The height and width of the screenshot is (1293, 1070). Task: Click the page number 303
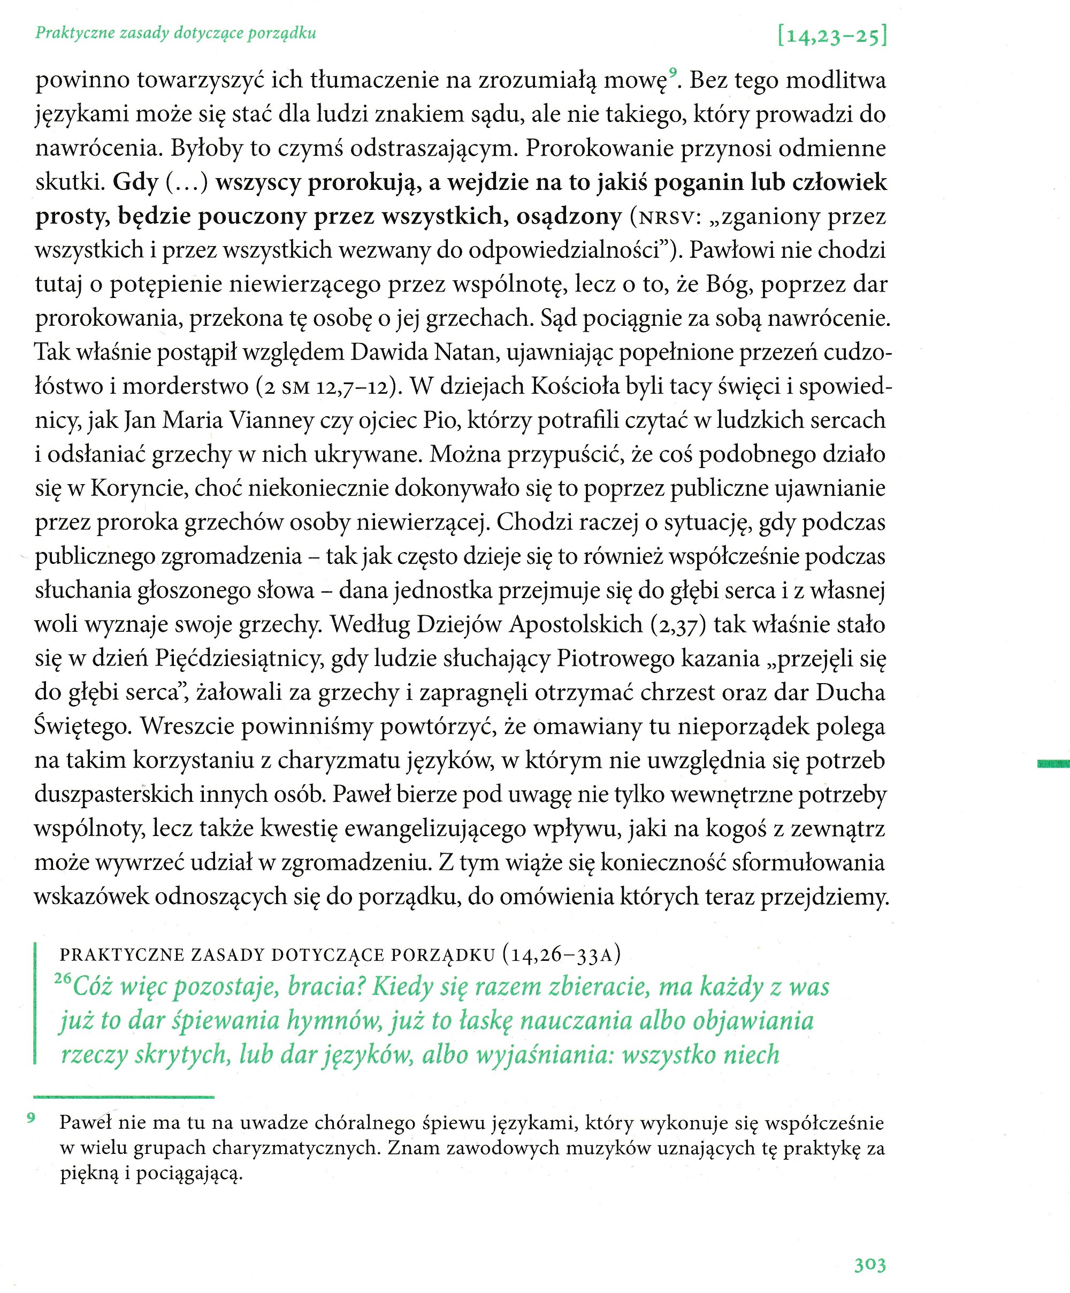[869, 1265]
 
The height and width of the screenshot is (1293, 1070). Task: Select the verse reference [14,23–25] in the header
[832, 37]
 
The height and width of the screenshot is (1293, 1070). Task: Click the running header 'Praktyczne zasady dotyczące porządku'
[175, 33]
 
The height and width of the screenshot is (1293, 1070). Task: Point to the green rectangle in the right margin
[1053, 764]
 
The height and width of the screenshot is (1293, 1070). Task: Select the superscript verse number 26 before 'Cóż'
[63, 978]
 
